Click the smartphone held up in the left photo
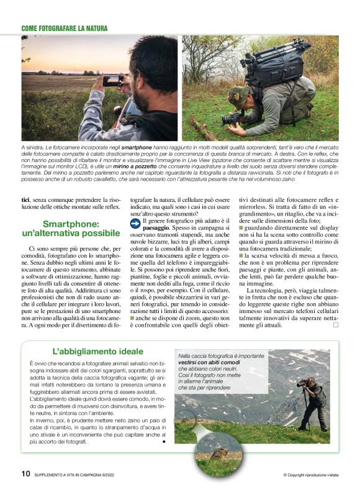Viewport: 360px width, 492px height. pos(112,80)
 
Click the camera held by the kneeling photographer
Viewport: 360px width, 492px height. pos(231,117)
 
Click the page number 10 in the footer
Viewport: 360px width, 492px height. pos(25,473)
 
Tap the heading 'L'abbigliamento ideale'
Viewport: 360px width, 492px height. pos(89,350)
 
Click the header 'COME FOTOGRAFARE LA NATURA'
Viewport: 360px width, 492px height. pos(65,28)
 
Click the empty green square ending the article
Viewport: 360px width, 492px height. pos(336,324)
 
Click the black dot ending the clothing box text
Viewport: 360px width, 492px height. pos(163,442)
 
